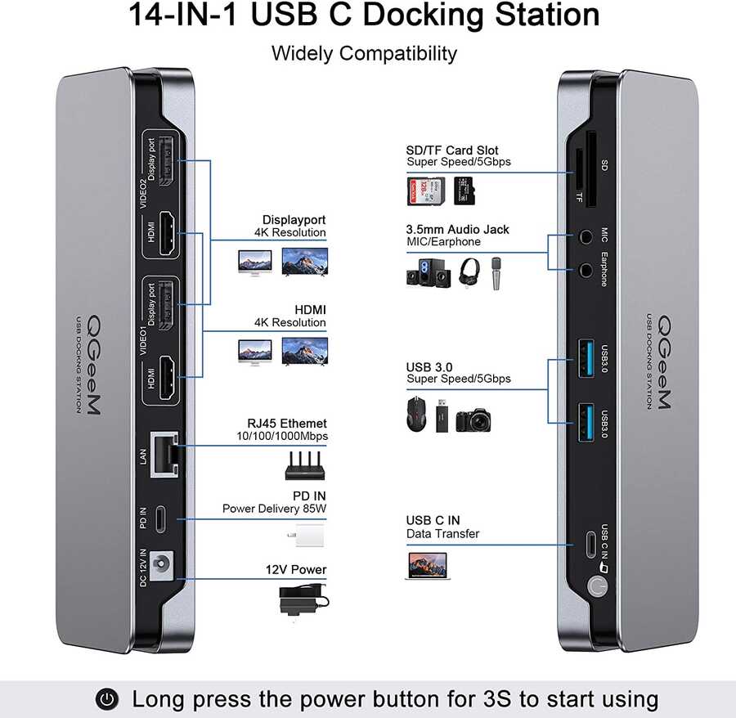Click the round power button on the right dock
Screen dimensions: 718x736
(596, 586)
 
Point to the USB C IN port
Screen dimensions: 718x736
(591, 545)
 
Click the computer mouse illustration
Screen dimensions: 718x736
(417, 415)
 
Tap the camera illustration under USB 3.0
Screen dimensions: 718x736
(477, 417)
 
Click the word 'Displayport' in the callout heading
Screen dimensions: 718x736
(294, 220)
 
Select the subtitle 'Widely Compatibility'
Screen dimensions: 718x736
(364, 54)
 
